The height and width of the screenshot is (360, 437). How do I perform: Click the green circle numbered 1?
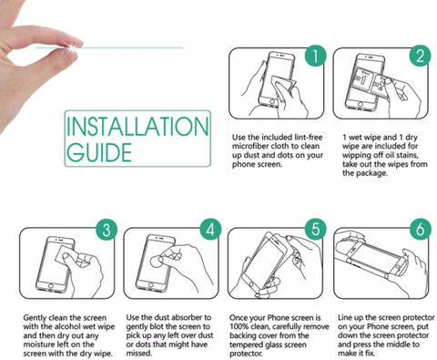pos(316,56)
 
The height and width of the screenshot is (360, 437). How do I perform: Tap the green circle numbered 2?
pos(420,56)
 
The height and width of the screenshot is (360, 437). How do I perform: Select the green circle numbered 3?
pos(107,230)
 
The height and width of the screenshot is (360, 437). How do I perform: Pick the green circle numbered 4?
pos(210,230)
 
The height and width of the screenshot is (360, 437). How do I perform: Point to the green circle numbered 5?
pos(316,230)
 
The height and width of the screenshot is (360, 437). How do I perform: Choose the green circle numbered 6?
pos(420,230)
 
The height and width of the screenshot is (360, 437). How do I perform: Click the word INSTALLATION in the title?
pos(137,126)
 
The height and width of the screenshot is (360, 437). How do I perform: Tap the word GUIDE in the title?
pos(99,151)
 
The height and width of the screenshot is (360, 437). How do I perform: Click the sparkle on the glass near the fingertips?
pos(72,47)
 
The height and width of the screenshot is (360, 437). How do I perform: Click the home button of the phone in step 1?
pos(272,102)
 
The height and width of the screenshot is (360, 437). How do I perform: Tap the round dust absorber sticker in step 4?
pos(157,261)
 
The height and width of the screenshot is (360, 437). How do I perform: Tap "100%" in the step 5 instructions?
pos(239,327)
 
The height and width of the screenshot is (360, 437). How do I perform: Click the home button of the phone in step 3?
pos(50,285)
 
